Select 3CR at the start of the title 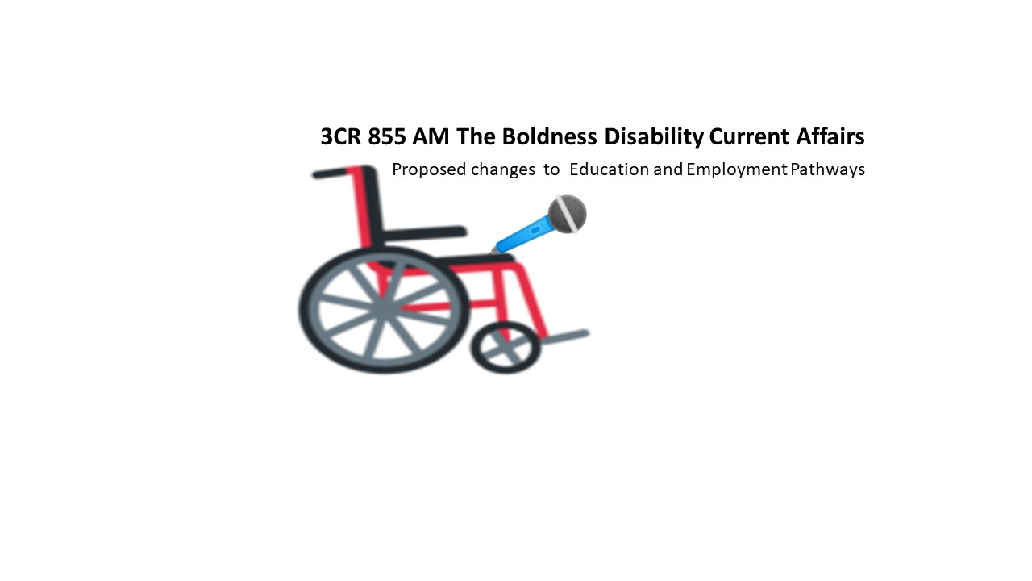[341, 137]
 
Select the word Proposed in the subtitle [429, 170]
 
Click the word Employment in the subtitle [736, 170]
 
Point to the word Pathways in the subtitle [827, 170]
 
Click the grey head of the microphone [567, 214]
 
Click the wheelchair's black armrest [422, 234]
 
